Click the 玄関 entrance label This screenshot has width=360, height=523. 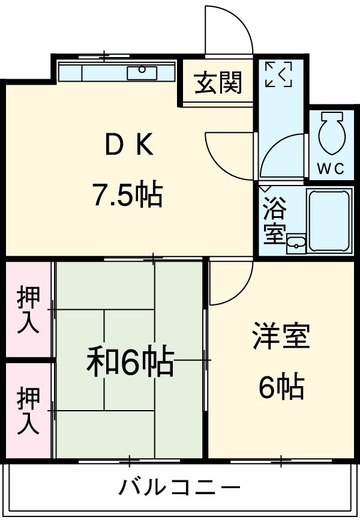coord(218,83)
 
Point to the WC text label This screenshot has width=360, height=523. coord(330,169)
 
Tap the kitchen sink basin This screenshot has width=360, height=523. coord(142,73)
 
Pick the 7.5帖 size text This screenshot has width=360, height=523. coord(127,195)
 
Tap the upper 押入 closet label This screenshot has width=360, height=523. coord(28,310)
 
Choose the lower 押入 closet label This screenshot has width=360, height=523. coord(28,411)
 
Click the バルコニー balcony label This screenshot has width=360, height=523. coord(179,486)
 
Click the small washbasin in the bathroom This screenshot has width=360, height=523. coord(296,244)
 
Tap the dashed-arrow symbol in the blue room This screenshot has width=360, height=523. coord(278,74)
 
